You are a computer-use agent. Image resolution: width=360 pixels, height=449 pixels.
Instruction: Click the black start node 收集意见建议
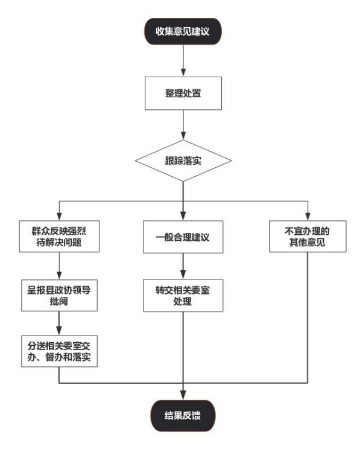(183, 31)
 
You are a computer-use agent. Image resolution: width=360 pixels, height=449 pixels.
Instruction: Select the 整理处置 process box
(183, 93)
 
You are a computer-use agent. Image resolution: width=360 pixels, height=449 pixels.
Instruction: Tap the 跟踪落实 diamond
(183, 161)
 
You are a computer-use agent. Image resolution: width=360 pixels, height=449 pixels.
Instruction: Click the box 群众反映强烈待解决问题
(59, 236)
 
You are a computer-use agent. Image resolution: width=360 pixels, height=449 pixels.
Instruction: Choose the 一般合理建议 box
(183, 237)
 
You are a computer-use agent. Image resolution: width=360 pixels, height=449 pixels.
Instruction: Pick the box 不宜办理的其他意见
(308, 236)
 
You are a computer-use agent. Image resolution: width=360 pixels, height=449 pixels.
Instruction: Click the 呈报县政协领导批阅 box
(59, 295)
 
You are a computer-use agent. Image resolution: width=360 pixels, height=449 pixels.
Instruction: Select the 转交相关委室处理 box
(183, 295)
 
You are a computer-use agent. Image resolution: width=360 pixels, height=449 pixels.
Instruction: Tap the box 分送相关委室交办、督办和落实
(59, 351)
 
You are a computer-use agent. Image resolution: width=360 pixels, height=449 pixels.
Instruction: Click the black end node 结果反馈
(183, 415)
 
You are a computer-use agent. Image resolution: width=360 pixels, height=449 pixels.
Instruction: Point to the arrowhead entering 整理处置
(183, 72)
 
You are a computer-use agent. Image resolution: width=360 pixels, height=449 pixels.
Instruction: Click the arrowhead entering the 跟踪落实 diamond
(183, 136)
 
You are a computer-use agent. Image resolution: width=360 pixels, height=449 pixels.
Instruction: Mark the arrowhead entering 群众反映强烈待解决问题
(59, 217)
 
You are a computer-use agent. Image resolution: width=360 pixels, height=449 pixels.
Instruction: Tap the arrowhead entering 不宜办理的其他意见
(308, 217)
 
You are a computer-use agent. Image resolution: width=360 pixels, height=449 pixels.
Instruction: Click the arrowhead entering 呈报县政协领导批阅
(59, 275)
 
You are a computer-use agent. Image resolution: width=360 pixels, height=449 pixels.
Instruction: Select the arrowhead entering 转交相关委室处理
(183, 275)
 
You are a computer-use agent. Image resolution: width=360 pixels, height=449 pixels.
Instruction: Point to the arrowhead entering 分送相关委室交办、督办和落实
(59, 331)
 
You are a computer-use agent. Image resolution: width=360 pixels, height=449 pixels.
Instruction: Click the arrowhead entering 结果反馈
(183, 396)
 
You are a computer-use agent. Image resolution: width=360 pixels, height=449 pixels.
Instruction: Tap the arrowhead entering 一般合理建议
(183, 216)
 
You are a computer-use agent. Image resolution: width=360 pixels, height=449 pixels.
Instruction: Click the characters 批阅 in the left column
(59, 301)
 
